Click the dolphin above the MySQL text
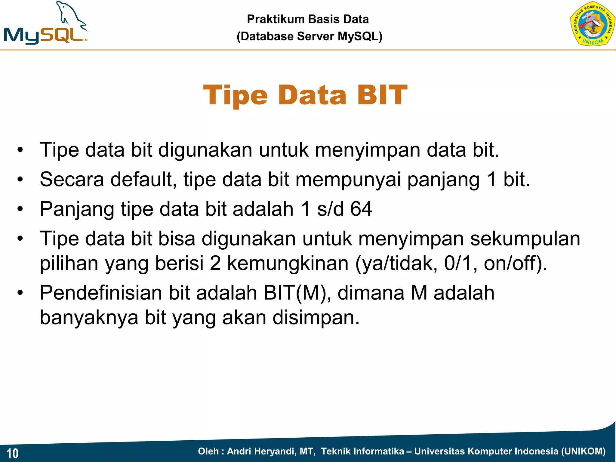coord(71,15)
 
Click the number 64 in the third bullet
coord(361,209)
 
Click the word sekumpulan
coord(525,239)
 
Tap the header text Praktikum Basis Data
coord(308,19)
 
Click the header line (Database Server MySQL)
coord(309,36)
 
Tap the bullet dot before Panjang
coord(20,209)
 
